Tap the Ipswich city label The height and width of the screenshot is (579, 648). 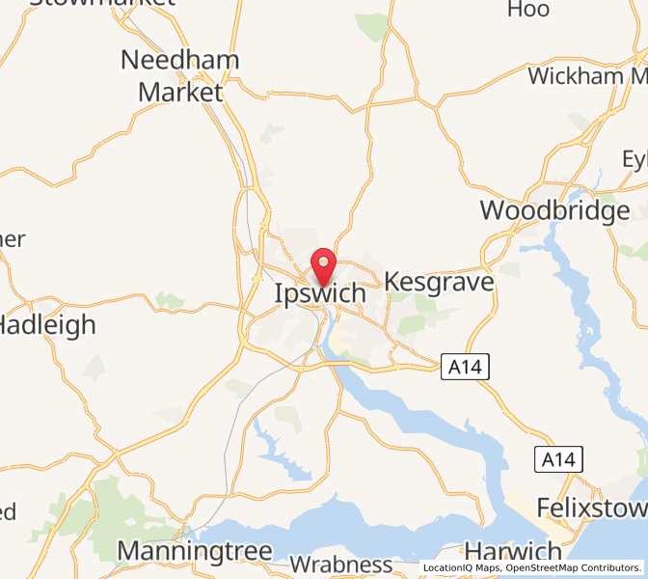pyautogui.click(x=320, y=292)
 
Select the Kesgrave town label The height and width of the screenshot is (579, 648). pyautogui.click(x=439, y=282)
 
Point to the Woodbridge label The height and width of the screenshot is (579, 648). pyautogui.click(x=554, y=210)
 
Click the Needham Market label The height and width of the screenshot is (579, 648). pyautogui.click(x=179, y=75)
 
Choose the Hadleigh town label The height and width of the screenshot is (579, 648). pyautogui.click(x=48, y=324)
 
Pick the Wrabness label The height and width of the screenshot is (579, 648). pyautogui.click(x=340, y=565)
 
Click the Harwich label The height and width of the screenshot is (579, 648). pyautogui.click(x=513, y=552)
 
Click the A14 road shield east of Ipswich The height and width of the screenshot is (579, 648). pyautogui.click(x=466, y=367)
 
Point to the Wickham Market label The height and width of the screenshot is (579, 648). pyautogui.click(x=587, y=75)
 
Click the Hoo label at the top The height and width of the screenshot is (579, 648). pyautogui.click(x=527, y=10)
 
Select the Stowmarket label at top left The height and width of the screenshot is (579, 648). pyautogui.click(x=102, y=3)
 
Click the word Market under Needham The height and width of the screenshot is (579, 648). pyautogui.click(x=180, y=93)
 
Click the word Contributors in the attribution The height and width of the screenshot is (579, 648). pyautogui.click(x=614, y=567)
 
